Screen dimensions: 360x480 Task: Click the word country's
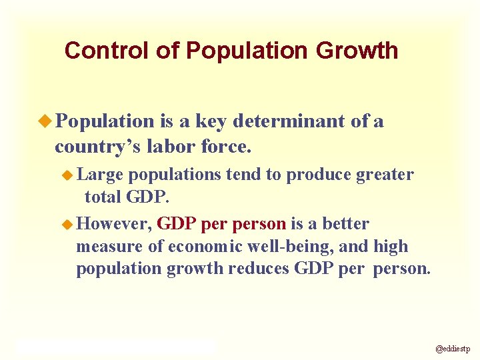[93, 145]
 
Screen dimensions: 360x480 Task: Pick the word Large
[101, 175]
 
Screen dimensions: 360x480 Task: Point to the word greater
[385, 175]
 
